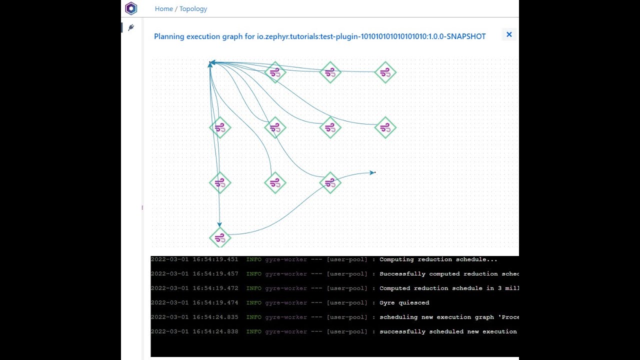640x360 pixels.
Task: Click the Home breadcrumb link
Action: [163, 8]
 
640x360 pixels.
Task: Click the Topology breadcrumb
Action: [193, 8]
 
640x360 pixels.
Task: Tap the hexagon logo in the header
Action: [131, 8]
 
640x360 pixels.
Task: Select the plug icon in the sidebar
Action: [131, 28]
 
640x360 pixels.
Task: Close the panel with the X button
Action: [509, 34]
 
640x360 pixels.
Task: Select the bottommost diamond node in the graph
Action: [220, 237]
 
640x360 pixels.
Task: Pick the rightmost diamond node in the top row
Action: [385, 72]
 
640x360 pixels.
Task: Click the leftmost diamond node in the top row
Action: [275, 72]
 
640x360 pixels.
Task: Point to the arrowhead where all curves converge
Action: [211, 63]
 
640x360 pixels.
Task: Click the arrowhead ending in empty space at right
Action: [372, 172]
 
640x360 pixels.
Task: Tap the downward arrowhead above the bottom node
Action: [219, 225]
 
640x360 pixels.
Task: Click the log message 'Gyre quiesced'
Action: [404, 302]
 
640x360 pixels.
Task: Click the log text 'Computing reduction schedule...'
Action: [438, 259]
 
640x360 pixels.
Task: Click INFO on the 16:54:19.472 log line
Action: [254, 288]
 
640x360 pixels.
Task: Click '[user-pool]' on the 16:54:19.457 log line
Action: [348, 274]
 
